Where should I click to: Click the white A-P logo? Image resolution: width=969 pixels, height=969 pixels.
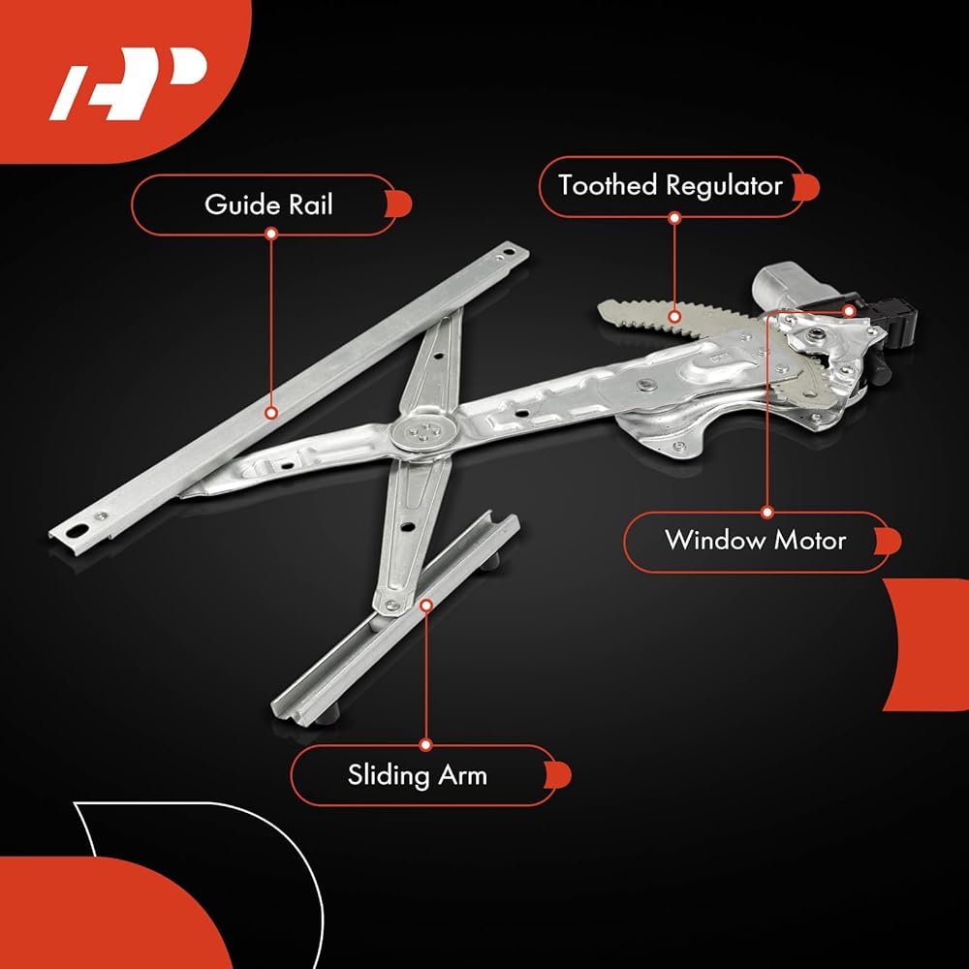point(127,83)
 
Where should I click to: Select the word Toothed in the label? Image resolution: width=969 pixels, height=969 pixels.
point(608,185)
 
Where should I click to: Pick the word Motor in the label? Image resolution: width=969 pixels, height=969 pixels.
point(810,540)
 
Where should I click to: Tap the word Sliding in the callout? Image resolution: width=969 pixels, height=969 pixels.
point(388,776)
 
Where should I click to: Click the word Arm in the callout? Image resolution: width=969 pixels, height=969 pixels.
point(463,775)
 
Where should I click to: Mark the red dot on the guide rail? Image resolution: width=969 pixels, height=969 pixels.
point(270,413)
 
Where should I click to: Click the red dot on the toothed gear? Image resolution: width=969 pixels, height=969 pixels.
point(674,317)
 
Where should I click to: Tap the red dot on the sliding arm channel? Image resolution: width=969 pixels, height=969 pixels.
point(425,605)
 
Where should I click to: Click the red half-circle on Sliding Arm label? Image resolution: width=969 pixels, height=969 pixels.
point(559,775)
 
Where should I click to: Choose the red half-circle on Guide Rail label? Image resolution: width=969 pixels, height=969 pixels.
point(400,204)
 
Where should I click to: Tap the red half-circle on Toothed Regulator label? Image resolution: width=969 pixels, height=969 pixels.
point(807,187)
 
